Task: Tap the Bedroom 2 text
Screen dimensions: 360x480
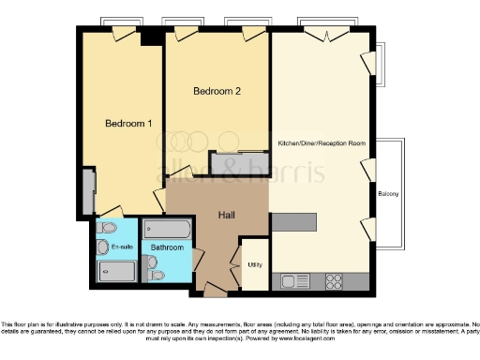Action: (x=217, y=91)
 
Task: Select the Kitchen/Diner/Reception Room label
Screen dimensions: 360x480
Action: (x=321, y=143)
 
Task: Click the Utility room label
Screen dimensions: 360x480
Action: (x=253, y=265)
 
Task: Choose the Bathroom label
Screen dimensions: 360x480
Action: (x=167, y=247)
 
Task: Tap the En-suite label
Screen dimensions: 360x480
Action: (x=121, y=247)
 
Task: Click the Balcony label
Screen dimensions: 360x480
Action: (x=388, y=194)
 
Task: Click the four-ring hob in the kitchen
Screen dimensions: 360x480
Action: (x=334, y=280)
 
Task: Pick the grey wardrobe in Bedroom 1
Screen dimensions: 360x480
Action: (x=87, y=191)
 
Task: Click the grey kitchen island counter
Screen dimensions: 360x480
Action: (x=295, y=220)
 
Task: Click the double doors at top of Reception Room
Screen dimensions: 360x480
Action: (x=322, y=33)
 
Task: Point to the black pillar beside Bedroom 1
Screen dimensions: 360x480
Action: (x=148, y=37)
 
